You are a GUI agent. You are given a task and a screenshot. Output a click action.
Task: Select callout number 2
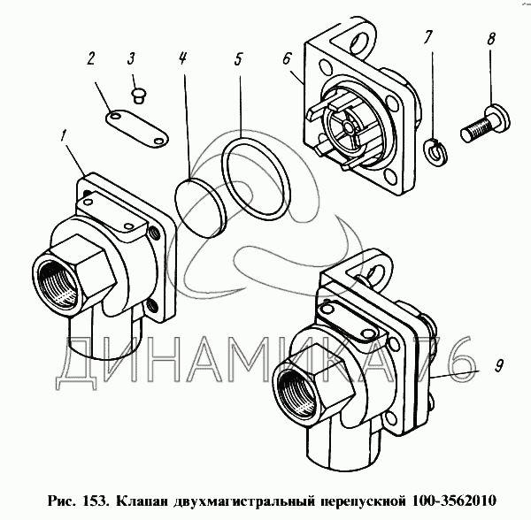coord(89,58)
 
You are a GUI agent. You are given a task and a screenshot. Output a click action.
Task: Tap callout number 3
coord(131,57)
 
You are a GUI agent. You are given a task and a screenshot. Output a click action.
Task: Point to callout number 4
coord(182,58)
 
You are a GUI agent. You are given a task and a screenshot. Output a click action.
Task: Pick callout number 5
coord(238,58)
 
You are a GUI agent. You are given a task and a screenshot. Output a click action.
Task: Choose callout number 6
coord(287,59)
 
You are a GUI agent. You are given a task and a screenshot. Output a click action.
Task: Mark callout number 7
coord(427,37)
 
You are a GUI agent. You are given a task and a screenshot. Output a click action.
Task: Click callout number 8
coord(490,38)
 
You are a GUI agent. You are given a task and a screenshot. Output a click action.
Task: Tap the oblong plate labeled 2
coord(137,130)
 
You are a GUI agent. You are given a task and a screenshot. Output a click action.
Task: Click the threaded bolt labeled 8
coord(485,124)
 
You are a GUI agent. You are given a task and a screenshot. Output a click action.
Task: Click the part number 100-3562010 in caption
coord(453,500)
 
